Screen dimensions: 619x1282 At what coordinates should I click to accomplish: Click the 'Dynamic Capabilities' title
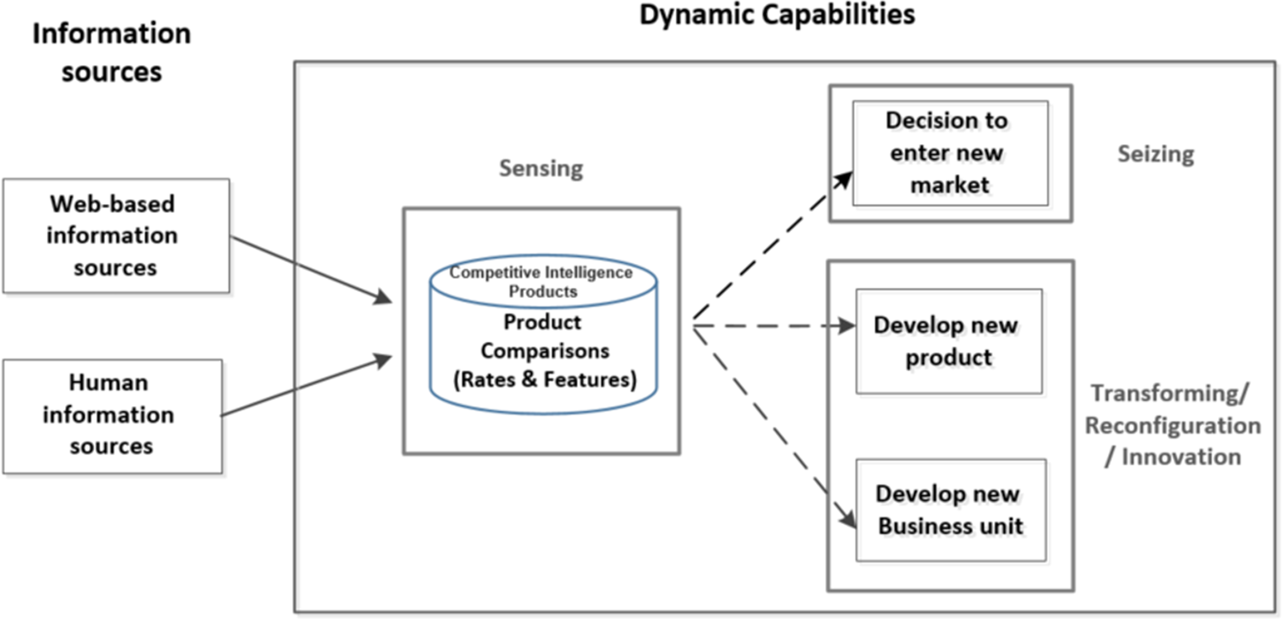click(x=777, y=15)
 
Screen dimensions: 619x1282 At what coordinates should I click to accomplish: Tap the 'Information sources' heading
click(x=111, y=52)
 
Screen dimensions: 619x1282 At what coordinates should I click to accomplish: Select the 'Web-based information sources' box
click(x=115, y=236)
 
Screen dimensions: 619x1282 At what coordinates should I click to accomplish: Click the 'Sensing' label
click(x=541, y=168)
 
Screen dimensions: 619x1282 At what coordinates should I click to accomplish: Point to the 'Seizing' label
click(x=1156, y=154)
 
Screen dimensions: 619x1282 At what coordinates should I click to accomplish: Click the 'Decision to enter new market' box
click(x=950, y=153)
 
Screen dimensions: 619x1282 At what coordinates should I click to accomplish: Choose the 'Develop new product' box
click(x=949, y=341)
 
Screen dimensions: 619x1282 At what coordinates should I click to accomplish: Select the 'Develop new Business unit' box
click(x=950, y=510)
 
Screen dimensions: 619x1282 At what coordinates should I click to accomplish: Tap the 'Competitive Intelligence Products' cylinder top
click(x=541, y=282)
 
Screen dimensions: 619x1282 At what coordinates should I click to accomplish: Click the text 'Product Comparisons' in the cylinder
click(x=544, y=336)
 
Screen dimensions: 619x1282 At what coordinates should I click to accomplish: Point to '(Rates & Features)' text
click(x=544, y=379)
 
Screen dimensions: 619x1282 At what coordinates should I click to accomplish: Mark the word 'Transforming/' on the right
click(x=1170, y=394)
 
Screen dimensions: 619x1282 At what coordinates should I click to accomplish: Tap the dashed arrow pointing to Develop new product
click(x=773, y=325)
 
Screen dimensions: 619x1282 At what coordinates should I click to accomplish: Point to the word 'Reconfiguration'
click(x=1172, y=425)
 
